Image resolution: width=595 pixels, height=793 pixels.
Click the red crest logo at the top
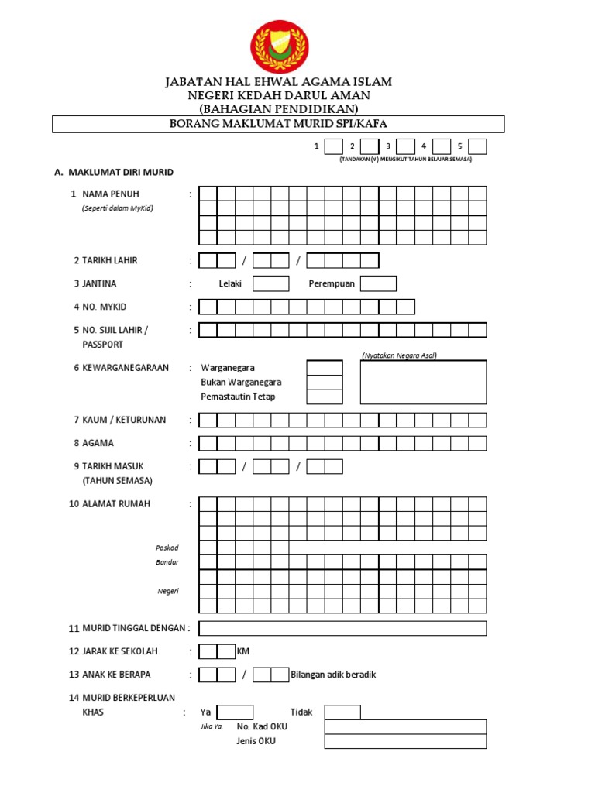point(280,46)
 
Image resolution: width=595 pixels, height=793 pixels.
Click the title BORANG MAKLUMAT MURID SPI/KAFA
point(278,124)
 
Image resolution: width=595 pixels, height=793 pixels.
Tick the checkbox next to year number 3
point(406,146)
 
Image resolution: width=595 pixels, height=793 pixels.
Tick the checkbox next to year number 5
point(478,146)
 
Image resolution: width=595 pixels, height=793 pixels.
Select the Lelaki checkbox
point(271,283)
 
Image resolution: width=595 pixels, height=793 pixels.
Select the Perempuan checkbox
point(379,283)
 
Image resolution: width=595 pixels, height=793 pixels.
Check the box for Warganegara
point(325,368)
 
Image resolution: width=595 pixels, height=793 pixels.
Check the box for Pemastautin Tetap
point(325,396)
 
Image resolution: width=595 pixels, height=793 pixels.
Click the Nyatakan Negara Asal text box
point(423,382)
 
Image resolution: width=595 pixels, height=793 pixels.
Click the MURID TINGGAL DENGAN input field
point(342,628)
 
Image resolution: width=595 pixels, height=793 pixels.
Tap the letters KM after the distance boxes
point(243,651)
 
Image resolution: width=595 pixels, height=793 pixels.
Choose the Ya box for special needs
point(235,712)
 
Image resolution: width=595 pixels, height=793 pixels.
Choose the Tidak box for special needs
point(342,712)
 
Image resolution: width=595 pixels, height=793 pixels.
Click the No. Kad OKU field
point(405,726)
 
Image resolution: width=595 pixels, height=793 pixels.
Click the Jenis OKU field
point(405,741)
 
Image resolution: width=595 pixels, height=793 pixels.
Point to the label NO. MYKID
point(103,307)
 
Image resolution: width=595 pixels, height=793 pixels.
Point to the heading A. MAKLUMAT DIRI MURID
point(114,172)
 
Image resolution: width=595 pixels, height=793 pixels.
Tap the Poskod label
point(167,548)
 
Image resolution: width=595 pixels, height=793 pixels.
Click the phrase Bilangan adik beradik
point(333,675)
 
